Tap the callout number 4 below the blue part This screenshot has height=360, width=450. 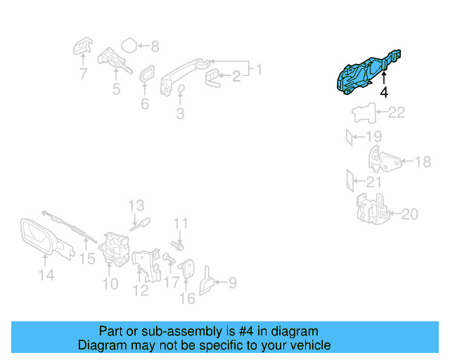click(384, 92)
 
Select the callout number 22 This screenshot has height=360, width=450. click(397, 112)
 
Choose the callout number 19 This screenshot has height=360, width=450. click(373, 136)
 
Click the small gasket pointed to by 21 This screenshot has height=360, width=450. click(348, 181)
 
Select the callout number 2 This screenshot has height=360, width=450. click(236, 76)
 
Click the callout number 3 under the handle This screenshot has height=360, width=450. click(180, 113)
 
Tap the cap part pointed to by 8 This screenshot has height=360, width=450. click(129, 46)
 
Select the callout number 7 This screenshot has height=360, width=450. click(83, 72)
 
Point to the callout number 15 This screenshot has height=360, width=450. click(86, 259)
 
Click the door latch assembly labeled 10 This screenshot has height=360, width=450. click(112, 249)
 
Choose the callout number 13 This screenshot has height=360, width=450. click(136, 205)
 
